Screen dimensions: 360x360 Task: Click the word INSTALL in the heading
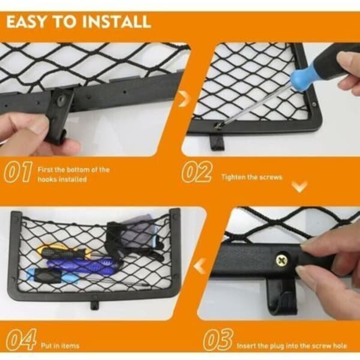116,22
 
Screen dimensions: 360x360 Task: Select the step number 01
18,172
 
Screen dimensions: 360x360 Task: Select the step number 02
197,172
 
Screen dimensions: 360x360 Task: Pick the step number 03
218,340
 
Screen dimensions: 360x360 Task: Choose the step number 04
22,340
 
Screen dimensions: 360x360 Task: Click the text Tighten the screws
251,177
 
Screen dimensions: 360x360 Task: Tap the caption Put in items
60,346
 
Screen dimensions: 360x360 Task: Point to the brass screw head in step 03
282,260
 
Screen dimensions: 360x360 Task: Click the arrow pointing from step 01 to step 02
184,99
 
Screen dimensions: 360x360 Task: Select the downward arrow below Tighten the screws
299,187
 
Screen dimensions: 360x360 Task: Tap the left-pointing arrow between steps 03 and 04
199,266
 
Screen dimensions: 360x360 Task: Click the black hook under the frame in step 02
217,142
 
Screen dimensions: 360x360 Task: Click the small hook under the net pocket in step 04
95,305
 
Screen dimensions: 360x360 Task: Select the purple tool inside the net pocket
83,266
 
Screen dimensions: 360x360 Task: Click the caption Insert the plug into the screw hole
292,346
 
